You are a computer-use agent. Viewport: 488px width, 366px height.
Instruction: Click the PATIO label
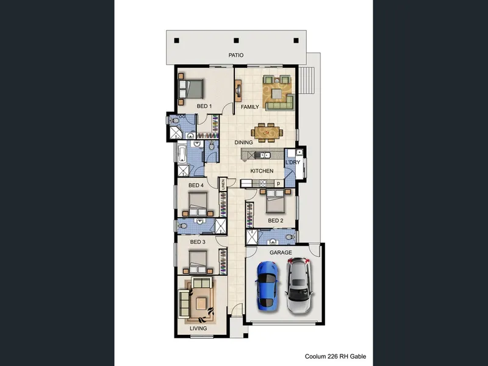(236, 55)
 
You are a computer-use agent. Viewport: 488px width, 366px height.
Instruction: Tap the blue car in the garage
(267, 285)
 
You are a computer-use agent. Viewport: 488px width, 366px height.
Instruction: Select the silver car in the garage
(299, 285)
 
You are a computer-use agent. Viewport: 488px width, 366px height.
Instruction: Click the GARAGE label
(281, 253)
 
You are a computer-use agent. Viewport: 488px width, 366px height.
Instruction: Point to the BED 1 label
(204, 106)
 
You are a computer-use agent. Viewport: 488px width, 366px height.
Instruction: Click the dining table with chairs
(267, 133)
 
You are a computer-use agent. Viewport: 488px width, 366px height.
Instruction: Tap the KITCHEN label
(262, 171)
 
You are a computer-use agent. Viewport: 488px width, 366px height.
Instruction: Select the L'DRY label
(293, 162)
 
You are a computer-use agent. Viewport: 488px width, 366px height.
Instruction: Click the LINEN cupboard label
(223, 184)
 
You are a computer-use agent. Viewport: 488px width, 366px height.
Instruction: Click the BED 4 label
(196, 185)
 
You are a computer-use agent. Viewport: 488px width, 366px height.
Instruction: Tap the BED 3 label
(198, 242)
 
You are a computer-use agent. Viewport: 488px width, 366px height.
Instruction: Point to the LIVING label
(198, 328)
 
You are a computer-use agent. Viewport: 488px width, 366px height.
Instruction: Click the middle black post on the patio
(236, 40)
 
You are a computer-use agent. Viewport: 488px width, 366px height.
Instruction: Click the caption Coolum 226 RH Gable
(335, 356)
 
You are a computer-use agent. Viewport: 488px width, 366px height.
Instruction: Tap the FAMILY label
(249, 107)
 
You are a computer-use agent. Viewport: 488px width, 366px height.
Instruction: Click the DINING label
(243, 142)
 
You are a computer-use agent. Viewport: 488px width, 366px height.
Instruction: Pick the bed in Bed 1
(191, 89)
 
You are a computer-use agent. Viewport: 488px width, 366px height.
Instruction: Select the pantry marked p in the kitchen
(279, 184)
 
